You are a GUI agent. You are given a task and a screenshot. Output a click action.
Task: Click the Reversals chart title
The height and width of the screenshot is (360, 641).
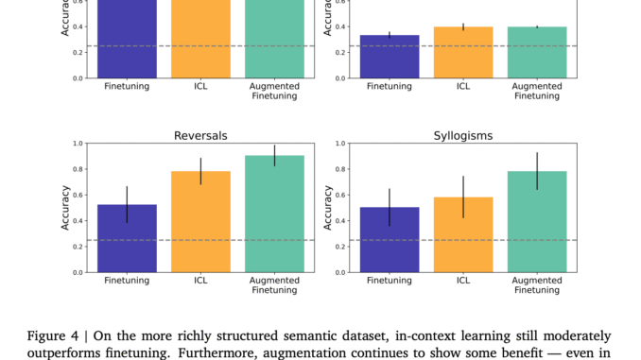[x=200, y=135]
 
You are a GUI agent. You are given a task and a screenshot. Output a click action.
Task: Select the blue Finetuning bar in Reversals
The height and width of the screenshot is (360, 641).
[x=126, y=238]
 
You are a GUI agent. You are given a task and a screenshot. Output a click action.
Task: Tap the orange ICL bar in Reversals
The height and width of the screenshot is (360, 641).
[x=200, y=222]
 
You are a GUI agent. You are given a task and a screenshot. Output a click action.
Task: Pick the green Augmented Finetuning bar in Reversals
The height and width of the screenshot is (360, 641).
[x=274, y=214]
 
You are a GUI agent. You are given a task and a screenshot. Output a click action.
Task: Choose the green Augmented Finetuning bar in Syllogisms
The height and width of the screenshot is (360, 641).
[x=538, y=222]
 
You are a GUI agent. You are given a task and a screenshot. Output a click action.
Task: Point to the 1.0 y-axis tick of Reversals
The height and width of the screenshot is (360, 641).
[x=78, y=144]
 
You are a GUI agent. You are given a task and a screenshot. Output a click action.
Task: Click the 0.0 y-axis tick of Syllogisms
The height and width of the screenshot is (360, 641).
[x=341, y=272]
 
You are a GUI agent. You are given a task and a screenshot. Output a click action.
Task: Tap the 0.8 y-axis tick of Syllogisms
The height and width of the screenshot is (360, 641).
[x=341, y=169]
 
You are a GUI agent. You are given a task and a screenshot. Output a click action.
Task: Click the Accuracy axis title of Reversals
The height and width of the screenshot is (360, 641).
[x=65, y=208]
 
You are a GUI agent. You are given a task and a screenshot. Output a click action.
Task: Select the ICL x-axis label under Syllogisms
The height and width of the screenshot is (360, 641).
[x=464, y=282]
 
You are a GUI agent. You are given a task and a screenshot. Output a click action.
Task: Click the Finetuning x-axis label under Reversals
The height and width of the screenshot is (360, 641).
[x=126, y=282]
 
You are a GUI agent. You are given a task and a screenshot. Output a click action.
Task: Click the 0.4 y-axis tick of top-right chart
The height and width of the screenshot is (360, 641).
[x=341, y=27]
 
